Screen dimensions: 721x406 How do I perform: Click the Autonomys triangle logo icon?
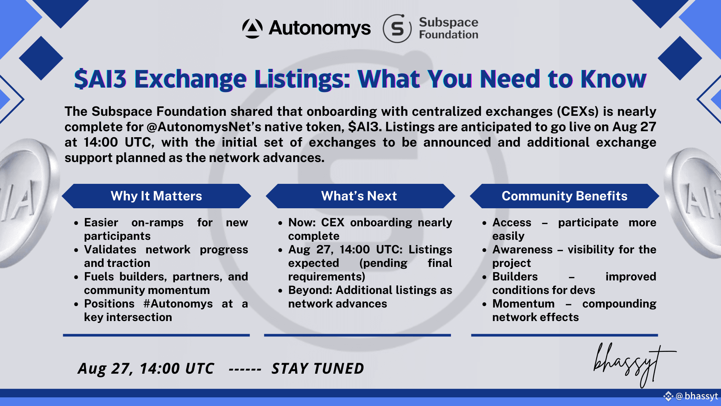click(252, 29)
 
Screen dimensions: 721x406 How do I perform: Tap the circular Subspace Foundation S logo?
click(397, 29)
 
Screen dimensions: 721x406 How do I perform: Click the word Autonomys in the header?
click(320, 28)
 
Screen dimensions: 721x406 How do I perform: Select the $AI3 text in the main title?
click(100, 79)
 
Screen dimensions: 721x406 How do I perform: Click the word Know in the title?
click(614, 79)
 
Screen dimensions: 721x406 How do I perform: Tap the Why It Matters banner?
click(156, 196)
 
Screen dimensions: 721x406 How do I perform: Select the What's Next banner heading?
click(359, 196)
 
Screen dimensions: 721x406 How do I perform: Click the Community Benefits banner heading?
click(564, 196)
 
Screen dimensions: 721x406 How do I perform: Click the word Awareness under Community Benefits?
click(522, 250)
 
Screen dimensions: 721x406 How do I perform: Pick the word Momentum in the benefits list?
click(523, 304)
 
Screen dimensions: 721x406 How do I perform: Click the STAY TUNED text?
click(318, 369)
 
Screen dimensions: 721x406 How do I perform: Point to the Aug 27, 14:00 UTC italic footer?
click(146, 369)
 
